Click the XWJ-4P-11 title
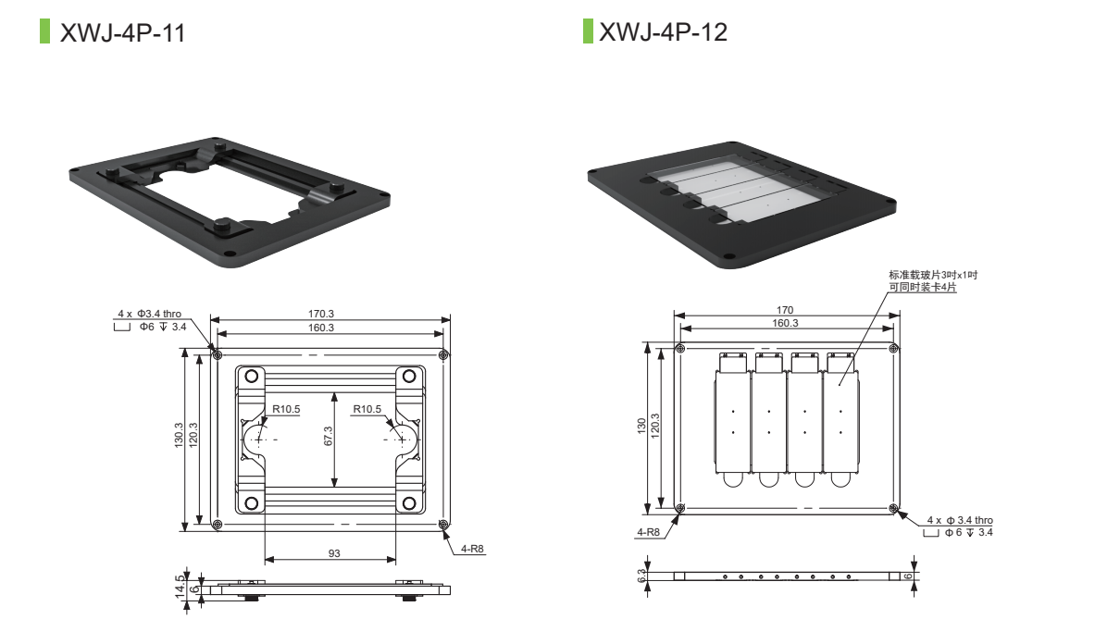click(122, 33)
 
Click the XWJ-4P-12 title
click(663, 32)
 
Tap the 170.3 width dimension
click(321, 315)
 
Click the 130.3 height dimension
click(180, 439)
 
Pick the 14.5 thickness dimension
click(181, 587)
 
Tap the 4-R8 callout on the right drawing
click(648, 532)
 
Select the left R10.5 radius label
click(287, 409)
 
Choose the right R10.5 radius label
click(367, 409)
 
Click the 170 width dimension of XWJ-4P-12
click(785, 310)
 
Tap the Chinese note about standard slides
click(932, 281)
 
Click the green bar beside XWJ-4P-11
click(44, 31)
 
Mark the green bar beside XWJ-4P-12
click(587, 31)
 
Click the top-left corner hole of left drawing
click(217, 354)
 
